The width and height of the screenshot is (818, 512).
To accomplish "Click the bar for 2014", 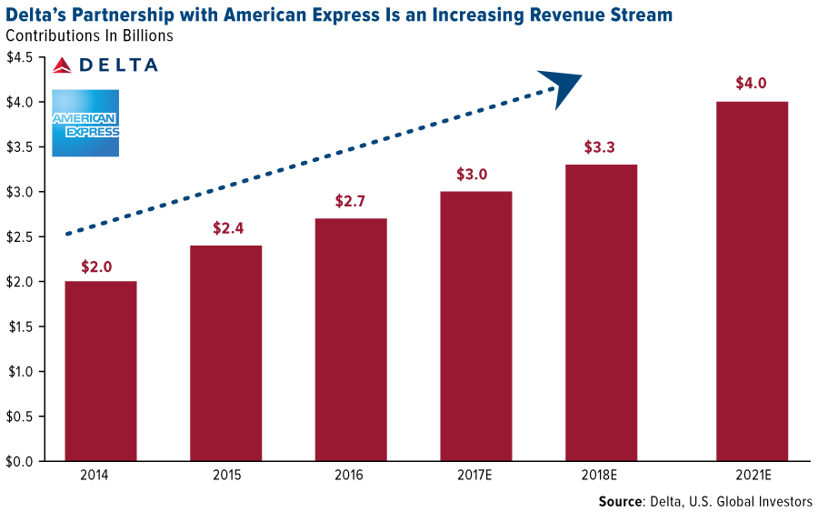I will pos(100,371).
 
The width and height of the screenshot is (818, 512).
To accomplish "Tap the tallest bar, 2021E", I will pos(752,281).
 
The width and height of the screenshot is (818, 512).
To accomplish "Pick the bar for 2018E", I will pos(601,313).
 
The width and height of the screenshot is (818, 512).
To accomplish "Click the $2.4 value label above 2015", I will pos(226,228).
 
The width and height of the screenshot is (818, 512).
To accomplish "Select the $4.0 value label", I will pos(752,84).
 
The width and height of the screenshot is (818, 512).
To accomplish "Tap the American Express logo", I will pos(85,123).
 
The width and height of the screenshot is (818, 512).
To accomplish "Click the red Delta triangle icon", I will pos(62,65).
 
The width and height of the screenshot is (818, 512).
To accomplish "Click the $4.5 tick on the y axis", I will pos(21,58).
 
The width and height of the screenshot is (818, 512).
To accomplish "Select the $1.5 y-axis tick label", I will pos(21,326).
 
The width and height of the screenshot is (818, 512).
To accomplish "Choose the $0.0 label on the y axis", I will pos(21,461).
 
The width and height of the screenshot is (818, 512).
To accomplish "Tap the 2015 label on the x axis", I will pos(226,476).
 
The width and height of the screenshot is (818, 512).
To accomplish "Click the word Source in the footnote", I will pos(621,501).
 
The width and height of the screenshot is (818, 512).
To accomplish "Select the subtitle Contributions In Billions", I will pos(89,36).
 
